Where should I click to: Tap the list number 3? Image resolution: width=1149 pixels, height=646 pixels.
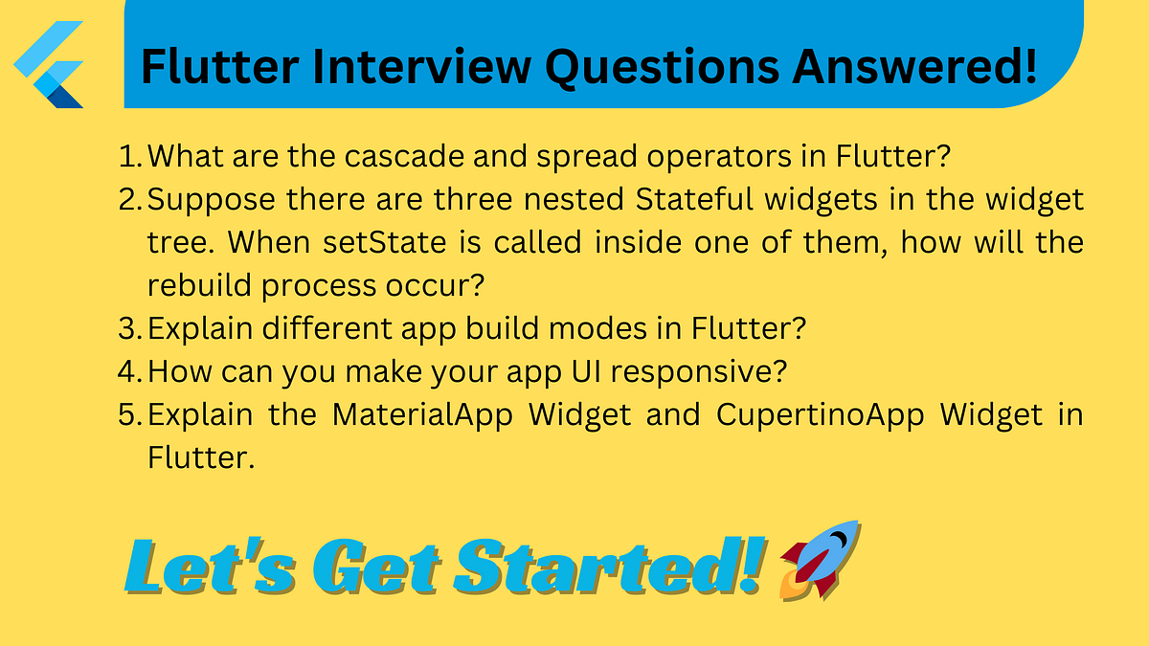tap(129, 328)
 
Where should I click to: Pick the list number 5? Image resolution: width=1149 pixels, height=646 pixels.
tap(129, 415)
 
